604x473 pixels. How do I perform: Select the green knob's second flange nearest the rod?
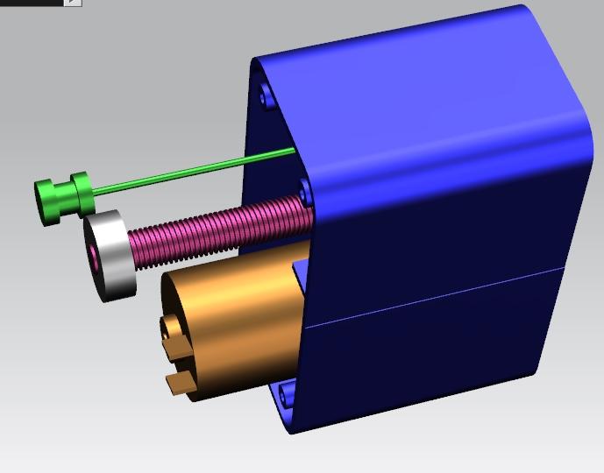[82, 194]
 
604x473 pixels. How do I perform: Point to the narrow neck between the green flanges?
[65, 196]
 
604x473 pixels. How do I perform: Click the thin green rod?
[193, 171]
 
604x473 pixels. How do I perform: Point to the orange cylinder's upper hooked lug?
[170, 328]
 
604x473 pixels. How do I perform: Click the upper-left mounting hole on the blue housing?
[265, 96]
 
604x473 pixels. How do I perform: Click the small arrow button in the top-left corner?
[73, 3]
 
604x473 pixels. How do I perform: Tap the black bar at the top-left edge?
[31, 3]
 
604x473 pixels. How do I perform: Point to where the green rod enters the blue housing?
[294, 152]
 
